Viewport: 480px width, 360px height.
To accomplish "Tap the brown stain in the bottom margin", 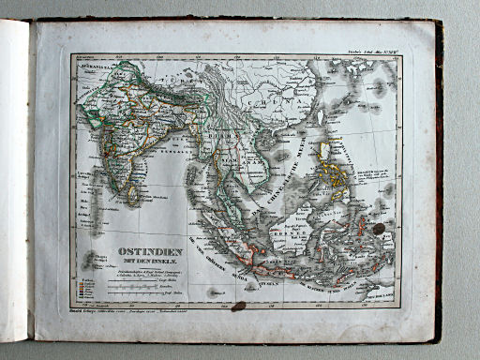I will [239, 306].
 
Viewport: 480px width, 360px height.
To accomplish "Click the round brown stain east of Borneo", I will [378, 229].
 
